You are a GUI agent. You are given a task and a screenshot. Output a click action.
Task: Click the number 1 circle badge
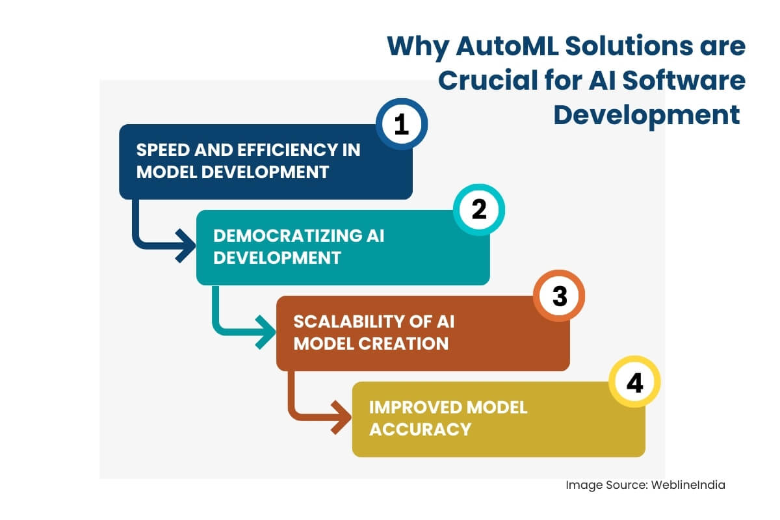[x=402, y=124]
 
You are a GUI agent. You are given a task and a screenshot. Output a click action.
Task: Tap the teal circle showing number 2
[x=479, y=209]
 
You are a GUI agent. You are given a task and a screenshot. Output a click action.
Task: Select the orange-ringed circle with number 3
[x=559, y=296]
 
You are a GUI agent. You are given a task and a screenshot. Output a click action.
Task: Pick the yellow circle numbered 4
[x=634, y=382]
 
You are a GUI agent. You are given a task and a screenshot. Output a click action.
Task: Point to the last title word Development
[x=646, y=115]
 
